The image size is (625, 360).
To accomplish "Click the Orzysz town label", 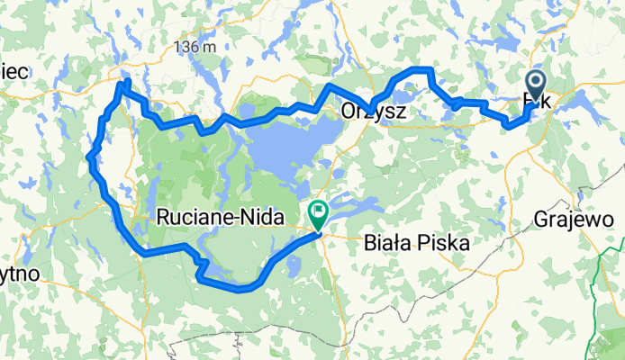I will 374,112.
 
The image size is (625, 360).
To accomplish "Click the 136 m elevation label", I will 196,46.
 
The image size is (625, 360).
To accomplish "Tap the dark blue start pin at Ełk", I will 535,87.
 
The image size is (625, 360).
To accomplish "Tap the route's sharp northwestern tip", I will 125,83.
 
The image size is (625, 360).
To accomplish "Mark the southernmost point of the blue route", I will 239,290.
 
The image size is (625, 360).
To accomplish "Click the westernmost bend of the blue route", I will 89,158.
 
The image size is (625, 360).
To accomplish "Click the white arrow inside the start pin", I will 535,85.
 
